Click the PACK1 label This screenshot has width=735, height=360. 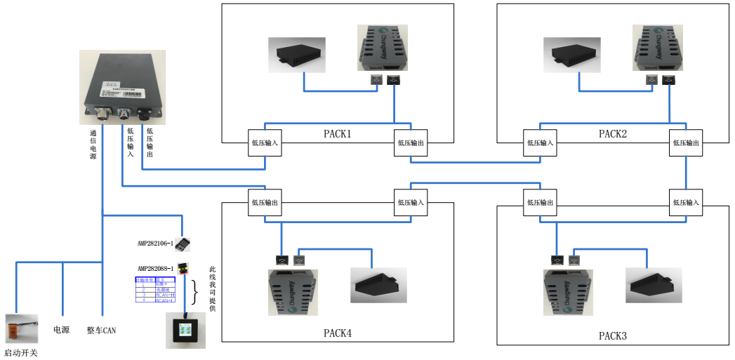pos(337,133)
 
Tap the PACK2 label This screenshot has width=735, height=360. pos(612,133)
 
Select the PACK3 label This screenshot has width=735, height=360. pos(612,335)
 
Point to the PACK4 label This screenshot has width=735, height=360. pos(337,333)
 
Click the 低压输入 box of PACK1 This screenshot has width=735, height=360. pos(265,143)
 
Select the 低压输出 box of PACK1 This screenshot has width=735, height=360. pos(411,143)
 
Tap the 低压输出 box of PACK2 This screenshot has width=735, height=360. pos(686,143)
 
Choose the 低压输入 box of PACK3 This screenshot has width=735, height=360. pos(686,202)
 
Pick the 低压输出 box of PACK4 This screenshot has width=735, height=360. pos(265,202)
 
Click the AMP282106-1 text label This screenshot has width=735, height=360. pos(155,244)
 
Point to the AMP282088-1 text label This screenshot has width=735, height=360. pos(155,268)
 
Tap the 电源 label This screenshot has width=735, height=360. pos(61,329)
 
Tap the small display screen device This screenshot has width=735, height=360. pos(185,330)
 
